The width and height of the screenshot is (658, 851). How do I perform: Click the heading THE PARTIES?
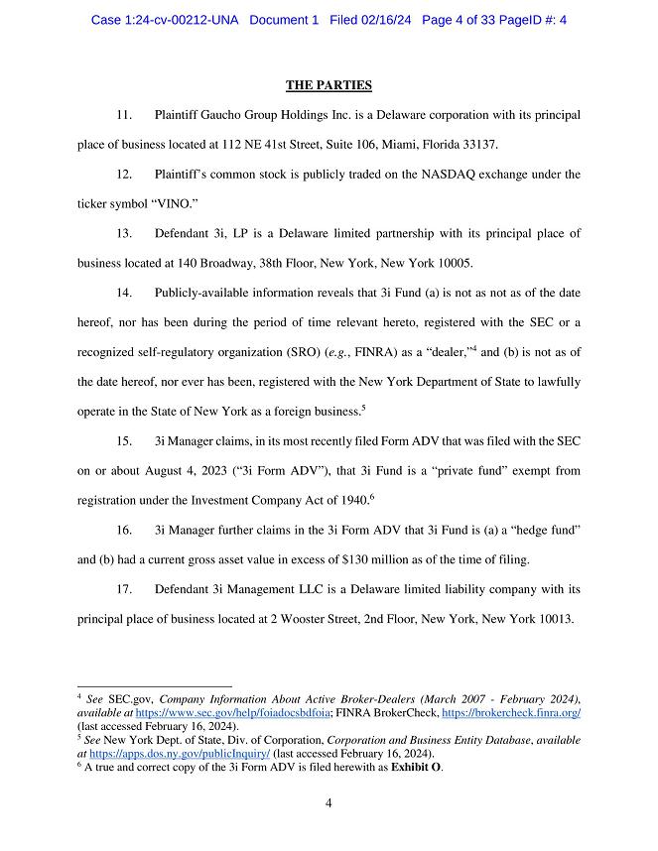[329, 85]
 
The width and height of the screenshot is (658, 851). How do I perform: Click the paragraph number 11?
[125, 115]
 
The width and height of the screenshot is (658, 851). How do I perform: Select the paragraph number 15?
[125, 440]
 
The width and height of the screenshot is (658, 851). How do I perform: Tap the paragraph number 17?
[125, 588]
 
